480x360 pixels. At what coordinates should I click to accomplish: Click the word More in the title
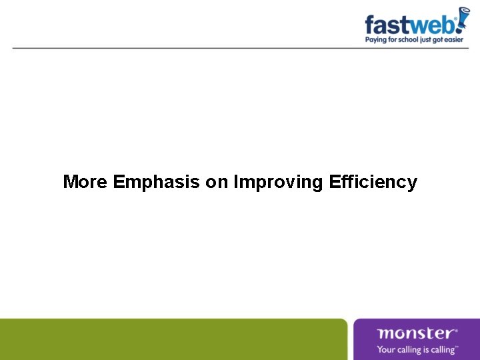coord(85,182)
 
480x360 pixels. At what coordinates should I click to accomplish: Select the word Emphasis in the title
coord(157,182)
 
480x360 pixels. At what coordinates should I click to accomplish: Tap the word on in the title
coord(217,182)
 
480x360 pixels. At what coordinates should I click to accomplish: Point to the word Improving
coord(279,182)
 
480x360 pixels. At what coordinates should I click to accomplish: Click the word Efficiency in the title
coord(373,182)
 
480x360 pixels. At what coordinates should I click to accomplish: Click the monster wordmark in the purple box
coord(415,333)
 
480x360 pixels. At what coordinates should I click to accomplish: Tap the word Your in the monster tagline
coord(386,349)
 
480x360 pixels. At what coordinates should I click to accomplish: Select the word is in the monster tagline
coord(425,349)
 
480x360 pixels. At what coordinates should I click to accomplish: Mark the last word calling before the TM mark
coord(442,349)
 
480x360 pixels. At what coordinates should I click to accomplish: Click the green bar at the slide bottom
coord(173,339)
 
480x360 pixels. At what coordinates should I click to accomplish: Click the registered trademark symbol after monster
coord(456,329)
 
